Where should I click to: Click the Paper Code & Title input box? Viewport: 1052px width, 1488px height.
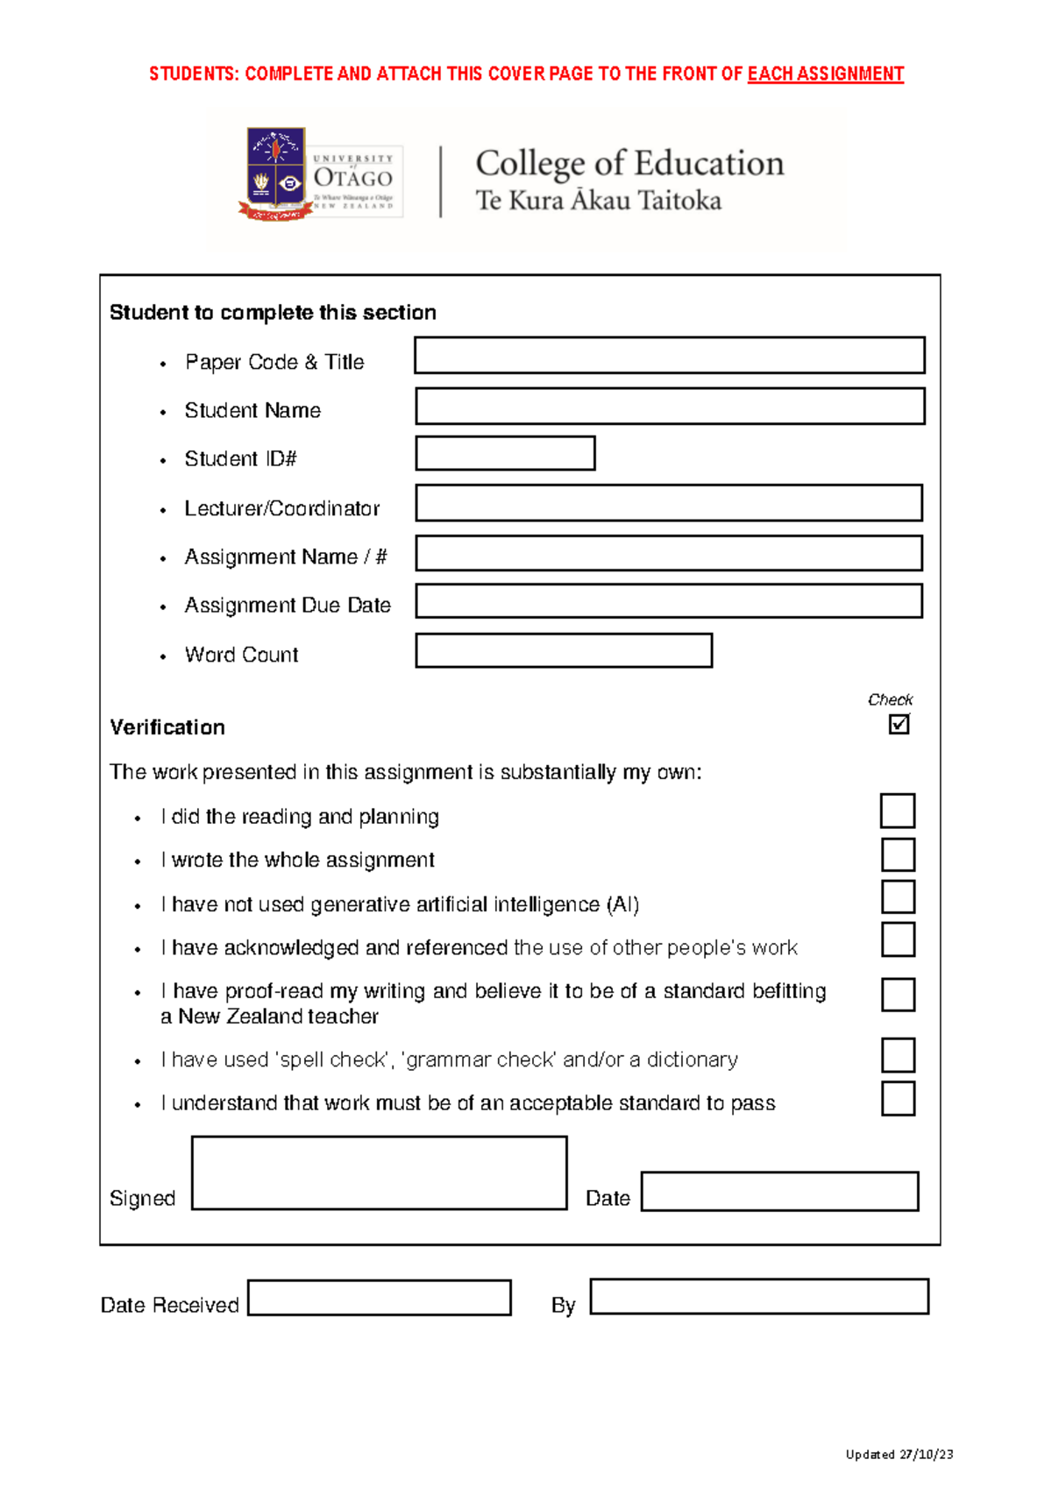(669, 356)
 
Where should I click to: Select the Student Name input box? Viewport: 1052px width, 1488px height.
(669, 407)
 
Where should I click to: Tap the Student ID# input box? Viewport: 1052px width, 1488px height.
(505, 454)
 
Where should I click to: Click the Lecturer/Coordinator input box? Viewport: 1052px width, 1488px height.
(669, 503)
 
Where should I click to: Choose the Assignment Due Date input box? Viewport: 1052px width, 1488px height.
(669, 601)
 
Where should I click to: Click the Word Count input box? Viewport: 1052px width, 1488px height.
(564, 651)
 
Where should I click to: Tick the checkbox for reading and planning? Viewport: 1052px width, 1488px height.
(898, 811)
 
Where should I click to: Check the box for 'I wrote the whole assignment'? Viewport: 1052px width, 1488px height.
(898, 854)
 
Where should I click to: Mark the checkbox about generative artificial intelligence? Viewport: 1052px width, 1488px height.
(898, 897)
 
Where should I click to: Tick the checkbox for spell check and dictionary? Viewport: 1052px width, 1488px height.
(898, 1055)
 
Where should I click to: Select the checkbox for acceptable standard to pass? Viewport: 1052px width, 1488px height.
(898, 1099)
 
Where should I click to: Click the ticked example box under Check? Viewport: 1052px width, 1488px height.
(899, 725)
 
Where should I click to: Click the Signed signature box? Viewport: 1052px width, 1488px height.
(379, 1173)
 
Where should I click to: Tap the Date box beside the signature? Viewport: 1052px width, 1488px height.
(779, 1192)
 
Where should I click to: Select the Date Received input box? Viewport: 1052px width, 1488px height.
(379, 1298)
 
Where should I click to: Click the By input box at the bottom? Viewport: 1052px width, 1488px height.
(758, 1297)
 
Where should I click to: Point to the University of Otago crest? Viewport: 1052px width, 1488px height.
(275, 174)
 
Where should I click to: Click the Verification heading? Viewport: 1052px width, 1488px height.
(167, 727)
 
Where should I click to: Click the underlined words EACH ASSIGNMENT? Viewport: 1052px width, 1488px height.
(825, 74)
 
